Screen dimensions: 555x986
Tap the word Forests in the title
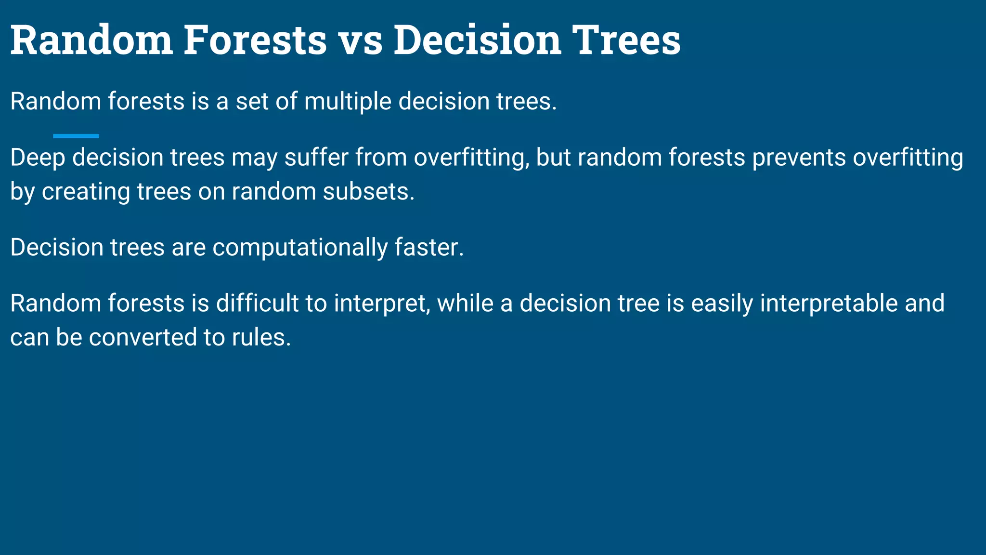tap(255, 40)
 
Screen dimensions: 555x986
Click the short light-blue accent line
tap(76, 136)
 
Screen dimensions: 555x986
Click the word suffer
tap(316, 158)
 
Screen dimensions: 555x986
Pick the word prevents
tap(799, 158)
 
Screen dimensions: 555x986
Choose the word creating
tap(86, 192)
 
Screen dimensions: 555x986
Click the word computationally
tap(299, 248)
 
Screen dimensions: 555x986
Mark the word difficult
tap(257, 304)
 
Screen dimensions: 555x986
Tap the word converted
tap(143, 337)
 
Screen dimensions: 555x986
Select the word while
tap(465, 304)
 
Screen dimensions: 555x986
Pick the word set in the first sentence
tap(252, 102)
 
